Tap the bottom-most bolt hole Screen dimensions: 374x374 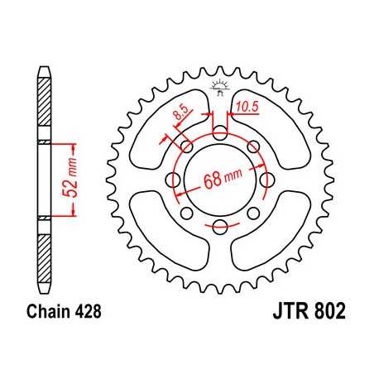pos(219,227)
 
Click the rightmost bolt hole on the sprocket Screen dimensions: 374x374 pos(266,180)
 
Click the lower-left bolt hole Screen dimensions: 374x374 pos(186,213)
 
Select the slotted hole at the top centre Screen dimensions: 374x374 pos(219,132)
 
